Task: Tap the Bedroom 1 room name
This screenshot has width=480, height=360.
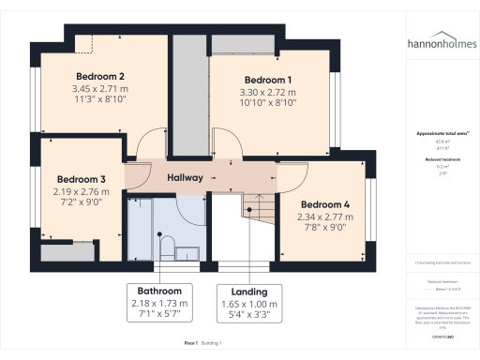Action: click(268, 80)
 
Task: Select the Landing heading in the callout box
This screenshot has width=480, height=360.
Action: click(249, 291)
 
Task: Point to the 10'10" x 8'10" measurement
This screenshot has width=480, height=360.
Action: click(268, 103)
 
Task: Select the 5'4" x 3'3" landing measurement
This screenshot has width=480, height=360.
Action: click(249, 316)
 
